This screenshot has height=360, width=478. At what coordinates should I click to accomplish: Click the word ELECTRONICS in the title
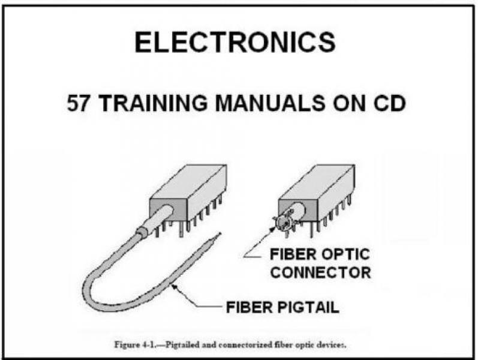[x=235, y=43]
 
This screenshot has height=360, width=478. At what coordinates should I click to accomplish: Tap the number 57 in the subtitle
[x=78, y=103]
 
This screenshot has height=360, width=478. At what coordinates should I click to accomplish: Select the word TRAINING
[x=154, y=103]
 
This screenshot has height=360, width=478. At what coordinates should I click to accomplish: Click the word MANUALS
[x=270, y=103]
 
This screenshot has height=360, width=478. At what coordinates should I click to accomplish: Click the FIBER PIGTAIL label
[x=282, y=307]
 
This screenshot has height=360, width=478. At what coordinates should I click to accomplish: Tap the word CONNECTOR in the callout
[x=320, y=272]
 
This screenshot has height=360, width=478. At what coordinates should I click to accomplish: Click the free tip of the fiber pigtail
[x=220, y=233]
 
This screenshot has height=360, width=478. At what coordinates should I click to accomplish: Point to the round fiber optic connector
[x=284, y=223]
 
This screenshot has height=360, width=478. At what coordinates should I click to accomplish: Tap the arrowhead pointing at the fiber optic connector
[x=273, y=229]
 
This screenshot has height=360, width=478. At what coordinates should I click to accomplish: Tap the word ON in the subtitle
[x=348, y=103]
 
